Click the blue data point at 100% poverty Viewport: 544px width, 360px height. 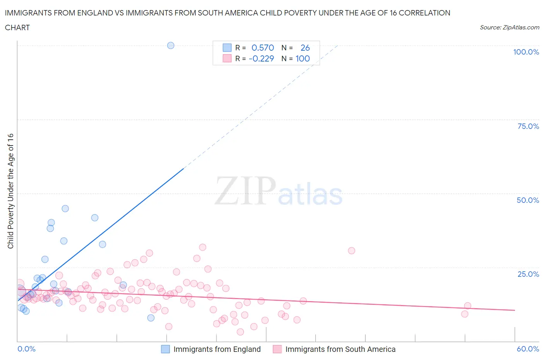[x=171, y=45]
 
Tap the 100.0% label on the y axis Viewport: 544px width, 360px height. [x=526, y=52]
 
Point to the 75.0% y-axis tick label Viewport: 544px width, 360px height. [x=528, y=126]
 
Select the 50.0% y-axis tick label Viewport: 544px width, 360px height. [x=528, y=200]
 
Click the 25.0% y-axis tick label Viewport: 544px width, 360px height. [x=528, y=274]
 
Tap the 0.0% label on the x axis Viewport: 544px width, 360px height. [x=26, y=349]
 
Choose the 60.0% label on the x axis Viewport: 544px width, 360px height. [x=528, y=349]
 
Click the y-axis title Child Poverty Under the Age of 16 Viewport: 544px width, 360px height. [x=10, y=191]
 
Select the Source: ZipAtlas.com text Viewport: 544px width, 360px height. [x=509, y=27]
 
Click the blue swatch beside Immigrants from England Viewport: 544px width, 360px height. [x=165, y=349]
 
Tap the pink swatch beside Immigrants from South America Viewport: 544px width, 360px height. [x=277, y=349]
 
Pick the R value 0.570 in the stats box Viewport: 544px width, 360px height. [x=263, y=48]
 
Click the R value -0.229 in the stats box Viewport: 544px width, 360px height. [x=261, y=58]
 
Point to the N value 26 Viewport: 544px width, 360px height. [x=305, y=48]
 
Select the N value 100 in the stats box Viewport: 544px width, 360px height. [x=303, y=58]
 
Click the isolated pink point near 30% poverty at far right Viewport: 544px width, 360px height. [x=351, y=250]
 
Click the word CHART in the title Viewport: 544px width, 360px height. [x=17, y=27]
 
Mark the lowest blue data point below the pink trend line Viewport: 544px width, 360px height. [x=151, y=318]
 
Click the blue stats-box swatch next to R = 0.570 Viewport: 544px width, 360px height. [x=227, y=48]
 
